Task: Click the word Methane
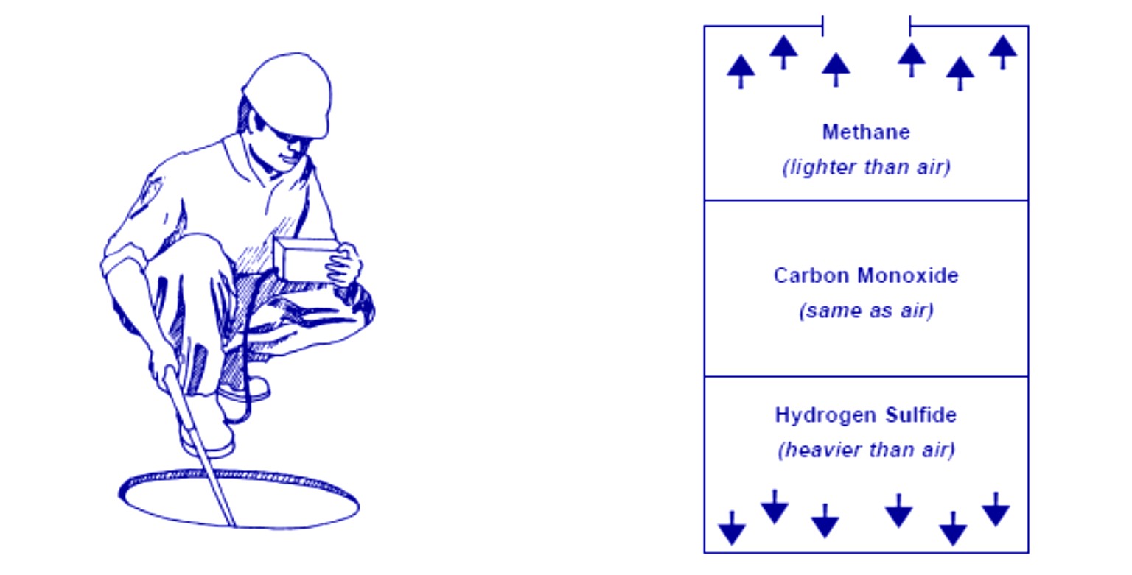click(x=866, y=133)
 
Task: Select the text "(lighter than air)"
click(x=866, y=167)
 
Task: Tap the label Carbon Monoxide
click(x=866, y=276)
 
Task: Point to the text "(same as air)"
click(x=866, y=311)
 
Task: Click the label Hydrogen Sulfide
click(x=866, y=415)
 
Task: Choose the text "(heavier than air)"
click(x=866, y=450)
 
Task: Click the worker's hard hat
click(x=289, y=92)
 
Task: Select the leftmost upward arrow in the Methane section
click(x=741, y=71)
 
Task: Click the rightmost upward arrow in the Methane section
click(x=1002, y=51)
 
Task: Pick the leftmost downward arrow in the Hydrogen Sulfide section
click(x=732, y=528)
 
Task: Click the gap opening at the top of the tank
click(x=866, y=27)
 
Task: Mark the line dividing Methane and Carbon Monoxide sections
click(x=866, y=200)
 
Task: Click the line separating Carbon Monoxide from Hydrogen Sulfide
click(x=866, y=377)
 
